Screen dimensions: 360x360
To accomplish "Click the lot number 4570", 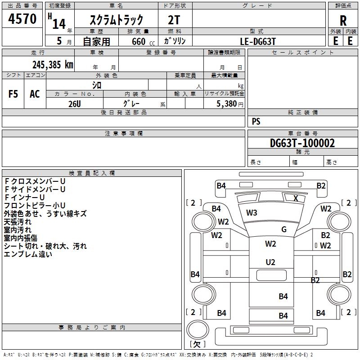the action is (22, 18).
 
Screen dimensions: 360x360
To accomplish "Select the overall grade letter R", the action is (343, 21).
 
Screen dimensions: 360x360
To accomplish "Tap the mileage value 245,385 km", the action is (53, 65).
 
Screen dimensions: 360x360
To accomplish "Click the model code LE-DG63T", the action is (257, 41).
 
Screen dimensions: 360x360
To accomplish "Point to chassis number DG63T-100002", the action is (302, 143).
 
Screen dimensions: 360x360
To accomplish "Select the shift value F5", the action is (13, 94).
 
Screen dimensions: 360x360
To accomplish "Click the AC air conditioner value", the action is (35, 94).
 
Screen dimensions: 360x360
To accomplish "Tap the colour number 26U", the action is (75, 104).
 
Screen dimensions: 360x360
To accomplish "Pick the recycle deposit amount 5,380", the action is (227, 104).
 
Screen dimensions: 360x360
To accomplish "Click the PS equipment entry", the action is (256, 121).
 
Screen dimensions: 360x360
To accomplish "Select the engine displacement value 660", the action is (139, 41).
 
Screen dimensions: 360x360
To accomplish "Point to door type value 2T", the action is (174, 20).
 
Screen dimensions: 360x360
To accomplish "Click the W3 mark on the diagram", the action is (252, 212).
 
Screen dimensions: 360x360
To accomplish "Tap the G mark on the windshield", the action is (284, 229).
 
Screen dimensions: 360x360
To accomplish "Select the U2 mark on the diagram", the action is (270, 262).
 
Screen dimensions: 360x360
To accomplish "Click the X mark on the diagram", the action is (296, 198).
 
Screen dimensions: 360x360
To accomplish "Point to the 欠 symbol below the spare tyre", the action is (197, 344).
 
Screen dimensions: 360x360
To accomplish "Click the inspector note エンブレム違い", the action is (28, 254).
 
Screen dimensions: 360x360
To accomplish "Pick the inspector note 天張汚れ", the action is (18, 222).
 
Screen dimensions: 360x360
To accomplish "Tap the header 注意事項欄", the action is (123, 133).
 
